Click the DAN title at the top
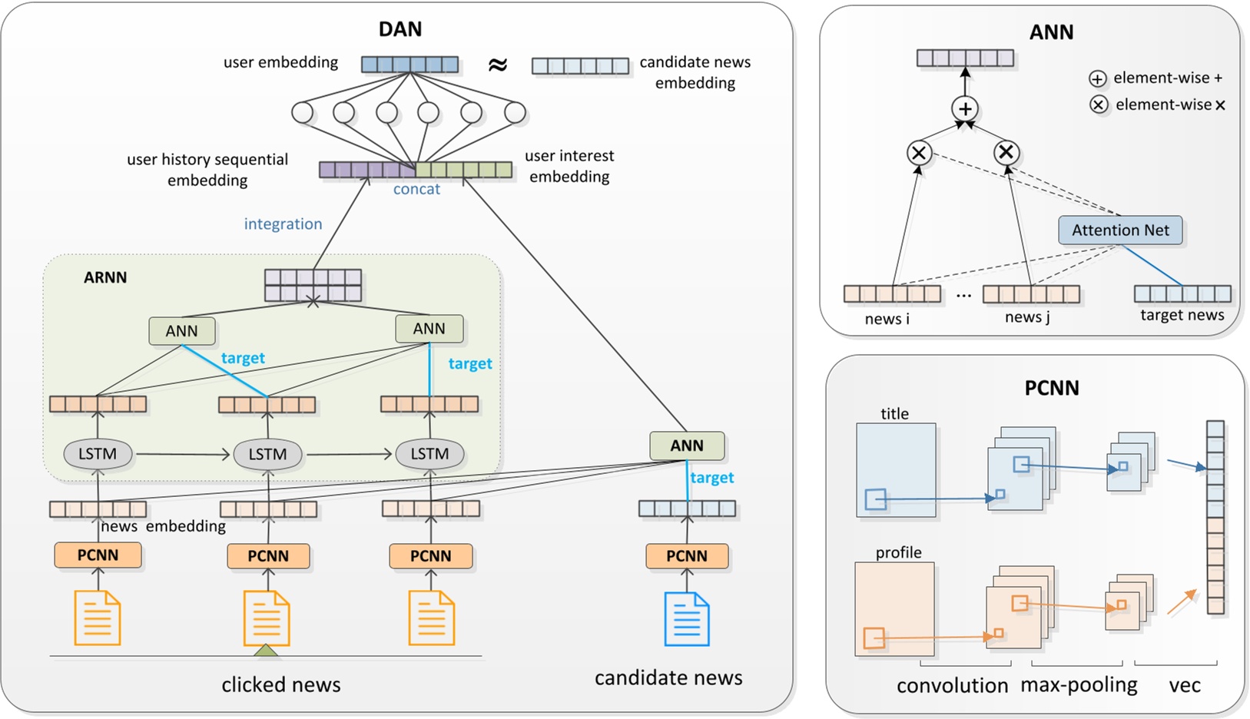[400, 29]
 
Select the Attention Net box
[1120, 230]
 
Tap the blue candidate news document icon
[687, 619]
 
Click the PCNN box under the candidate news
[687, 556]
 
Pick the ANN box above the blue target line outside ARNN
[687, 446]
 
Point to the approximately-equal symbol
[498, 65]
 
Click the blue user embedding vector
[410, 65]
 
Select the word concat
[416, 190]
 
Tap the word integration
[283, 224]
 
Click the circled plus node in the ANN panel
[965, 108]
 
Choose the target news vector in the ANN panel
[1182, 293]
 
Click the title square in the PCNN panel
[896, 469]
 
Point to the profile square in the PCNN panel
[894, 609]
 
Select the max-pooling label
[1079, 685]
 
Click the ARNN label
[105, 277]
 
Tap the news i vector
[892, 293]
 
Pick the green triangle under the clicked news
[266, 651]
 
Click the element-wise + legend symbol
[1098, 78]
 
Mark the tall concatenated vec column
[1215, 517]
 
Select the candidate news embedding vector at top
[581, 66]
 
